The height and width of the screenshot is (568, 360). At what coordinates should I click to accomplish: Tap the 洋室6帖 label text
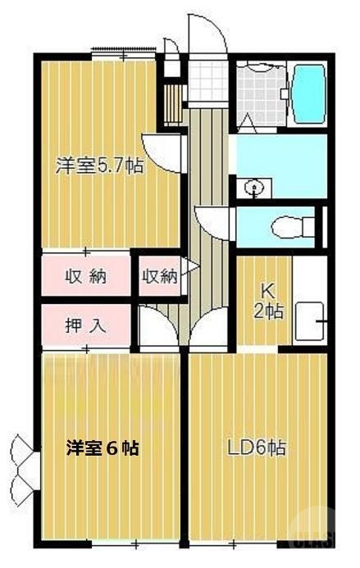coord(102,448)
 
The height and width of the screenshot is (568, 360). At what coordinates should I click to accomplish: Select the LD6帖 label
coord(256,448)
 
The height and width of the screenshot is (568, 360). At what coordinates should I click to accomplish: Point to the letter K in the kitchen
coord(267,291)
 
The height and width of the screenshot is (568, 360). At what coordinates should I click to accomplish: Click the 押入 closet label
coord(85,324)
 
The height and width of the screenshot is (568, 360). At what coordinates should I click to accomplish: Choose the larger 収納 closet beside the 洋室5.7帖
coord(85,276)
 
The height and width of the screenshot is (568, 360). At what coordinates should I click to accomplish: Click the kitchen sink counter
coord(310,320)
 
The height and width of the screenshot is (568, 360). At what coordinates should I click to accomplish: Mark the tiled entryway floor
coord(206,80)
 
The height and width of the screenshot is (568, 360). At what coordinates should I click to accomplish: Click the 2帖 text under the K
coord(267,311)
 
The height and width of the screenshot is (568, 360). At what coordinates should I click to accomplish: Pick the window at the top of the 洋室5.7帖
coord(123,55)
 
